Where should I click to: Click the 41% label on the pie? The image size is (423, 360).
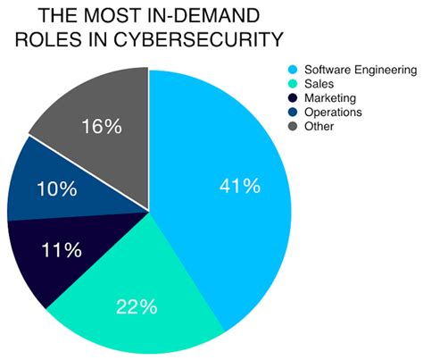click(240, 187)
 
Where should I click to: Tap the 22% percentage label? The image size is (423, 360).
click(137, 306)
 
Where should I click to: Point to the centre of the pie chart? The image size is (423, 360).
click(149, 212)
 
